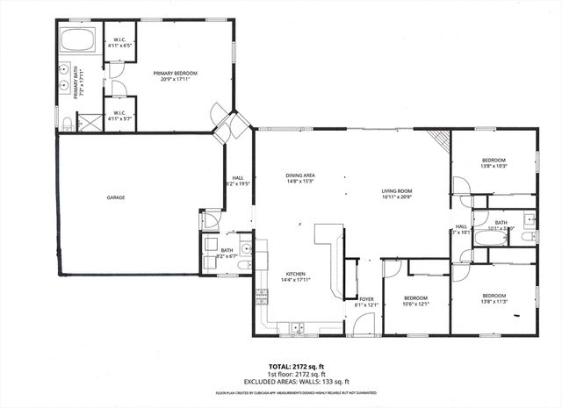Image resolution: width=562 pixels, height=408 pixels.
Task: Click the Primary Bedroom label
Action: coord(175,75)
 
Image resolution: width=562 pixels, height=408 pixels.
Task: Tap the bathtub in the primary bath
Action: coord(81,40)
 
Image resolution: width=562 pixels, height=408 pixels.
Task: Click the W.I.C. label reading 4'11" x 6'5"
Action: coord(120,42)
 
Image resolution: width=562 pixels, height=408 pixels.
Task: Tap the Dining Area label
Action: coord(300,179)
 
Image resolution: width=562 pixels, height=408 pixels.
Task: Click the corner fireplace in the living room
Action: coord(440,141)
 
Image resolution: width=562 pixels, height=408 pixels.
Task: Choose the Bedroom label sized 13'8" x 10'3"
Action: coord(494,162)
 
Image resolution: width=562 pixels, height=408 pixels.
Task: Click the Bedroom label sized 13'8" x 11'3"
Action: coord(494,298)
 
